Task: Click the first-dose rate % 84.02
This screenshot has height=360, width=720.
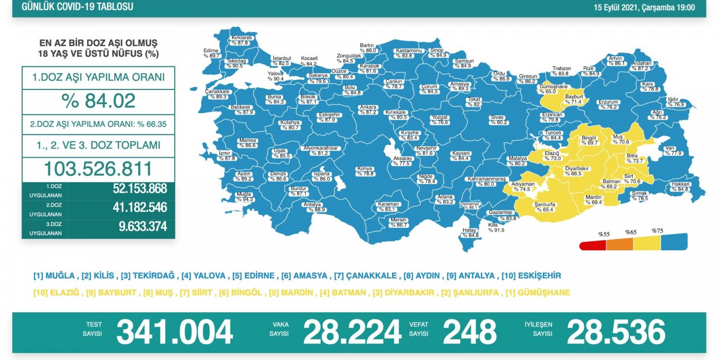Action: (x=98, y=101)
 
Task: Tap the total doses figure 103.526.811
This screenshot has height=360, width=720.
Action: (x=98, y=169)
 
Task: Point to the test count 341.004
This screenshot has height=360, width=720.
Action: (x=174, y=332)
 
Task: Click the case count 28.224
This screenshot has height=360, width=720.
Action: (x=352, y=332)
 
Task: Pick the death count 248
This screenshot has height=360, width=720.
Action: (x=470, y=332)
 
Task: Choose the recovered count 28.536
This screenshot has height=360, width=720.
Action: (x=616, y=332)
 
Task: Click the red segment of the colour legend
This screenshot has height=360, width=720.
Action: (x=593, y=245)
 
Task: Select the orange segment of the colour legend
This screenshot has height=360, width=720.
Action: (x=620, y=244)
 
